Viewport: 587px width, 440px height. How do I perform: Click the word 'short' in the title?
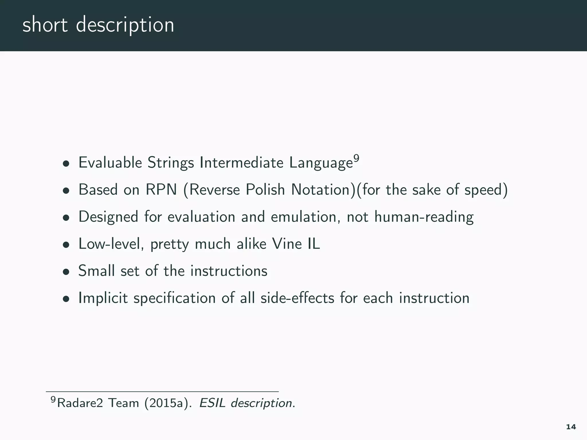pos(45,25)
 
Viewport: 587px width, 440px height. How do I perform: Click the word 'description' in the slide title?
pos(125,25)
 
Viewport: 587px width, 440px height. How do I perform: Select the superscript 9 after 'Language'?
pos(356,158)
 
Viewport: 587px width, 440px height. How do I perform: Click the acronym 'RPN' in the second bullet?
pos(161,190)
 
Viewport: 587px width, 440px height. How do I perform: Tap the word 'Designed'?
pos(108,217)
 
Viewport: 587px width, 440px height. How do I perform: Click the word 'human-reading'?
pos(424,217)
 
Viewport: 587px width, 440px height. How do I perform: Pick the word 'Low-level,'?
pos(111,244)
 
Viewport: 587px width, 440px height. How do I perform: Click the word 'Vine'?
pos(287,244)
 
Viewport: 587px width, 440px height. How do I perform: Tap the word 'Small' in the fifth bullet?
pos(96,271)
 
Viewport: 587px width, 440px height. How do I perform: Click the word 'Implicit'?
pos(103,298)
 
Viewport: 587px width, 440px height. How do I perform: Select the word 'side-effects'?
pos(297,298)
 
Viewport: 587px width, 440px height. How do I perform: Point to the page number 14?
pos(571,427)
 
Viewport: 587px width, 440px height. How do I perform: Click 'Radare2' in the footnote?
pos(80,403)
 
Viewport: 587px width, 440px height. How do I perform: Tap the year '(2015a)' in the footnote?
pos(168,403)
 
